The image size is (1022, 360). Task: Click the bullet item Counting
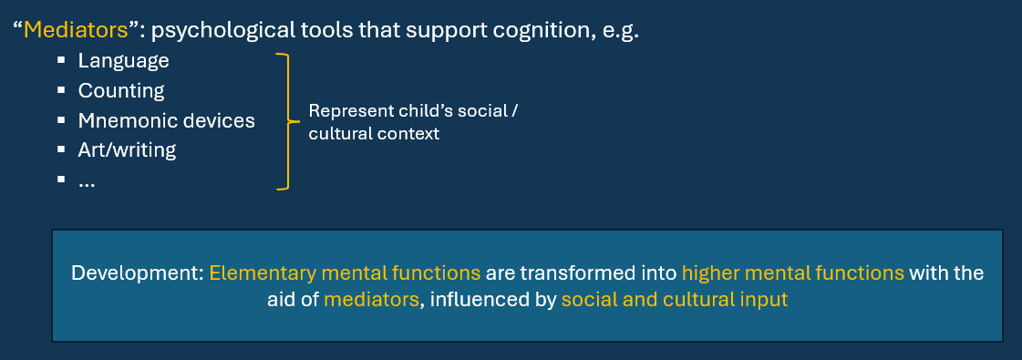pyautogui.click(x=121, y=91)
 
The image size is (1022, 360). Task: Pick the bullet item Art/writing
pyautogui.click(x=127, y=150)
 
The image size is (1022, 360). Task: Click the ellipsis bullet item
pyautogui.click(x=87, y=183)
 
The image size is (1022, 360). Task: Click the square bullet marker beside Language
pyautogui.click(x=61, y=60)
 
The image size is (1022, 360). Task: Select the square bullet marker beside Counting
pyautogui.click(x=61, y=90)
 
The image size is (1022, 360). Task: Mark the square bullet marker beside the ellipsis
pyautogui.click(x=61, y=179)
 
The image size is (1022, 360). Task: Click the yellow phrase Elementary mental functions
pyautogui.click(x=345, y=273)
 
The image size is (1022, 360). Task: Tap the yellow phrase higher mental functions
pyautogui.click(x=793, y=273)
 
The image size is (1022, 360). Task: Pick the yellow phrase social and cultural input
pyautogui.click(x=675, y=300)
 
